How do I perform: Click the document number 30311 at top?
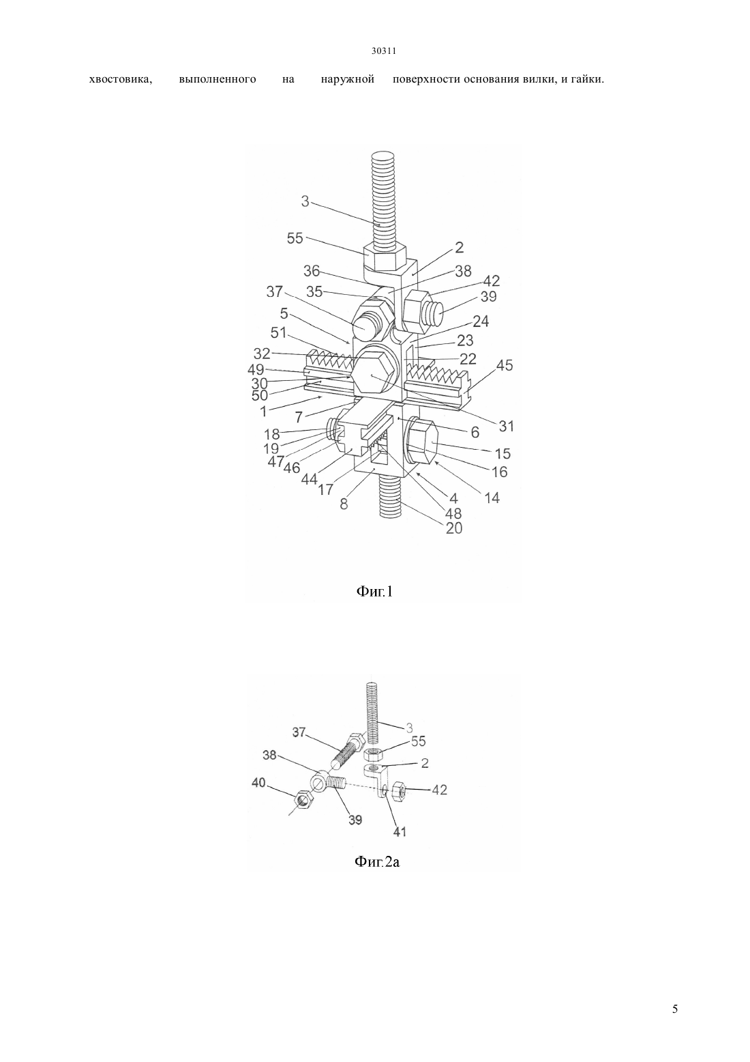pos(383,52)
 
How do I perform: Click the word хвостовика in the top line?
pos(121,79)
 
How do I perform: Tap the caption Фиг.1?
pos(374,591)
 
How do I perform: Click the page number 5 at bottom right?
pos(675,1009)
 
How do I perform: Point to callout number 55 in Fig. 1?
pos(295,238)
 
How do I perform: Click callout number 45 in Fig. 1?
pos(504,366)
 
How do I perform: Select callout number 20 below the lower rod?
pos(453,528)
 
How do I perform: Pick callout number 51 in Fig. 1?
pos(278,333)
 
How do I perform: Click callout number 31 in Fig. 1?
pos(506,426)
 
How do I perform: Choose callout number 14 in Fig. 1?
pos(492,498)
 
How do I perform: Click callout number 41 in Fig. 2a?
pos(401,831)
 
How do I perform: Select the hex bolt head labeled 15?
pos(421,441)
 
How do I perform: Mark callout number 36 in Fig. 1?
pos(312,271)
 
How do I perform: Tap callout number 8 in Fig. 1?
pos(344,504)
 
